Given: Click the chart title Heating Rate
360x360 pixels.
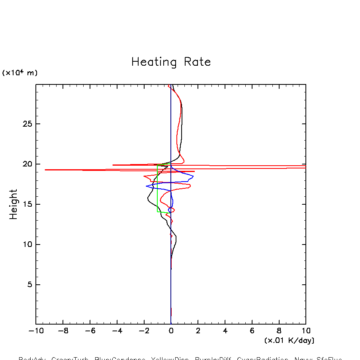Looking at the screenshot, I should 171,62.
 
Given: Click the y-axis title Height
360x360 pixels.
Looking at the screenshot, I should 14,204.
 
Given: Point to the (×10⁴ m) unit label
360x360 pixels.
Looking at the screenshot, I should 20,73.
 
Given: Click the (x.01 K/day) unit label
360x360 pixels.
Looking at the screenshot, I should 289,340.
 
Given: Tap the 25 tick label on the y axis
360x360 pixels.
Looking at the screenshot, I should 26,124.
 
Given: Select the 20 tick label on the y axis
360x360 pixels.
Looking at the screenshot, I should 26,164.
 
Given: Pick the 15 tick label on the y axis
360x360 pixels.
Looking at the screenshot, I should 26,204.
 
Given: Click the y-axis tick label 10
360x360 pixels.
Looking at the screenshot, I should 26,245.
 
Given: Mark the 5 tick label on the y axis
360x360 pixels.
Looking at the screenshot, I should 28,285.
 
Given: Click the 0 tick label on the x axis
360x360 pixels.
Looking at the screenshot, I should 171,331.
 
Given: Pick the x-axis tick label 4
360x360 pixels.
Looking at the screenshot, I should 225,331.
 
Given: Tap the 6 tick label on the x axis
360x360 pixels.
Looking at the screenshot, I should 252,331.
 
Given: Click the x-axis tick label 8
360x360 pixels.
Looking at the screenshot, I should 279,331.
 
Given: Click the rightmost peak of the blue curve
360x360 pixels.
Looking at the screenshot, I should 193,176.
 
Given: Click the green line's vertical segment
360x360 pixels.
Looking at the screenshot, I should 157,189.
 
